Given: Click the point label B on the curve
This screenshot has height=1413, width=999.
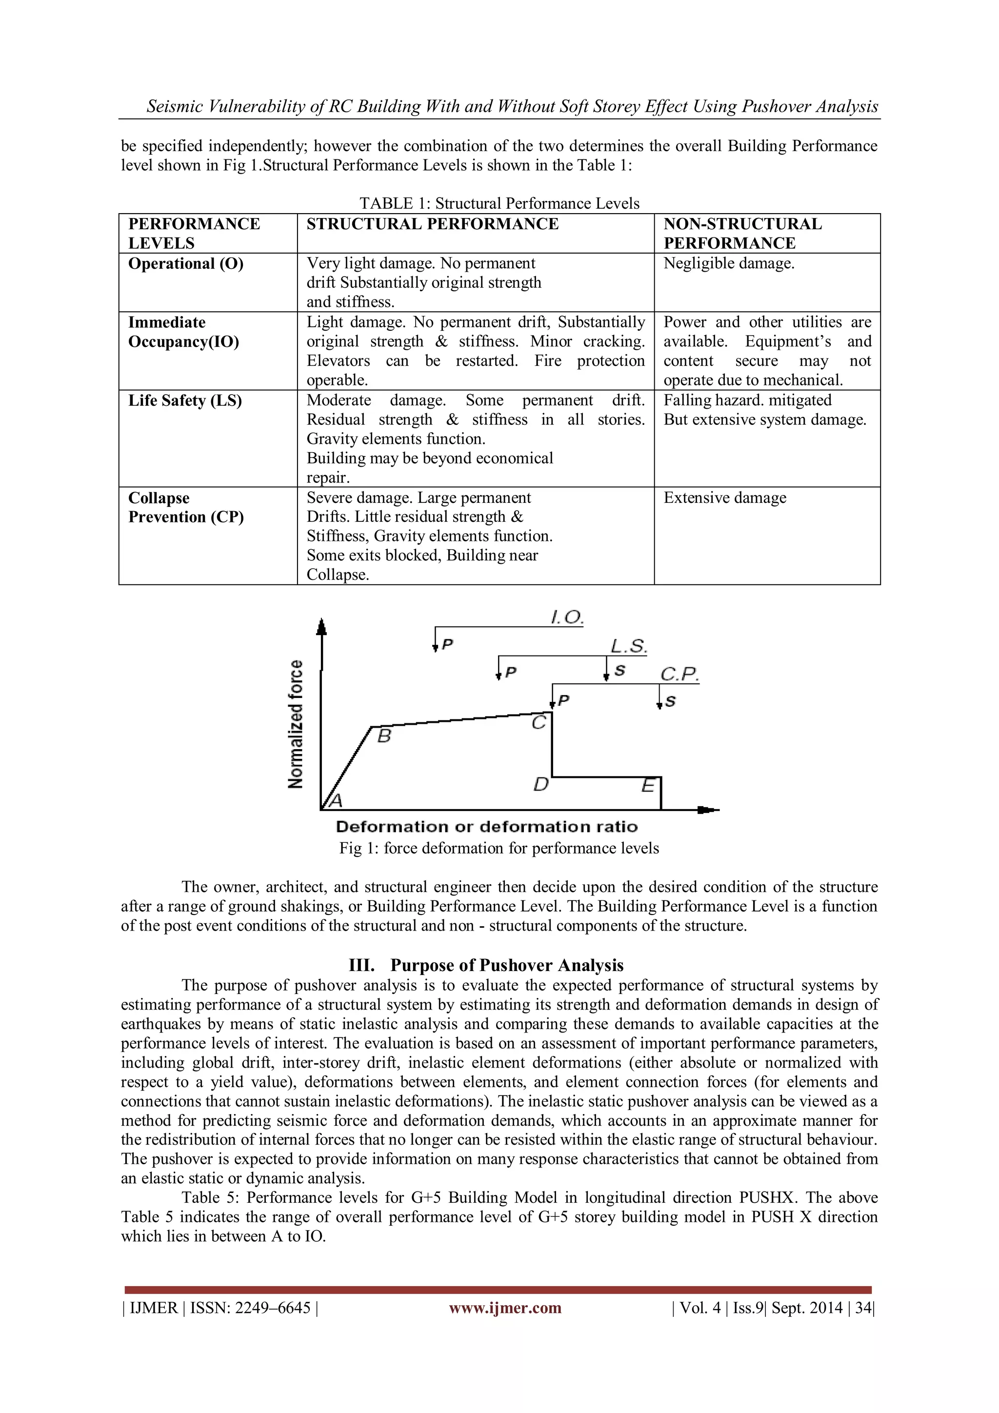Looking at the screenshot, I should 384,736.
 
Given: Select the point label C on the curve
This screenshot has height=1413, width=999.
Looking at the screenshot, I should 539,722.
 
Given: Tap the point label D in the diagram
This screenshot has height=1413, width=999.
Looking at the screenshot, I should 540,785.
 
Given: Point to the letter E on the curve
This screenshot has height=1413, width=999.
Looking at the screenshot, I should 647,785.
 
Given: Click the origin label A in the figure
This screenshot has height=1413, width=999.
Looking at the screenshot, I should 336,801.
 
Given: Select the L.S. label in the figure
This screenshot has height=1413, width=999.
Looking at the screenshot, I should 628,646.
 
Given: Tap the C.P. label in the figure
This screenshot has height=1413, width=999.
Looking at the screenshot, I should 679,675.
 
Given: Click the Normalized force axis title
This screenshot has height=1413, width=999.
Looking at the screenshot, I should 296,724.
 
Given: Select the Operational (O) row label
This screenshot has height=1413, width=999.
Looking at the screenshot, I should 185,264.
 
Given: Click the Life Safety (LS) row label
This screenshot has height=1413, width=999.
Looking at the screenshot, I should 185,400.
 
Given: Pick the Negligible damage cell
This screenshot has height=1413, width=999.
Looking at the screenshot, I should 729,264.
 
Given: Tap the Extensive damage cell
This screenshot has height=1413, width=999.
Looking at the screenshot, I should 724,498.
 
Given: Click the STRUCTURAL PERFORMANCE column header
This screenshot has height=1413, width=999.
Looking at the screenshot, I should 432,224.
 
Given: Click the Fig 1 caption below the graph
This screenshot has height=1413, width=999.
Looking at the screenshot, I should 499,848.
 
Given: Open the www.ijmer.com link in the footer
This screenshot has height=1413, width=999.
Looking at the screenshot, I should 505,1308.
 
